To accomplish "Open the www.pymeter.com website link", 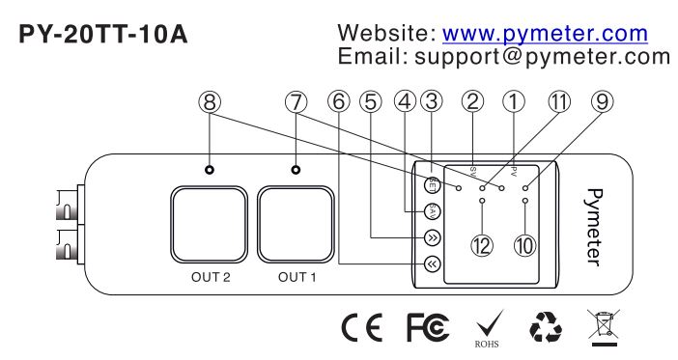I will pyautogui.click(x=547, y=35).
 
